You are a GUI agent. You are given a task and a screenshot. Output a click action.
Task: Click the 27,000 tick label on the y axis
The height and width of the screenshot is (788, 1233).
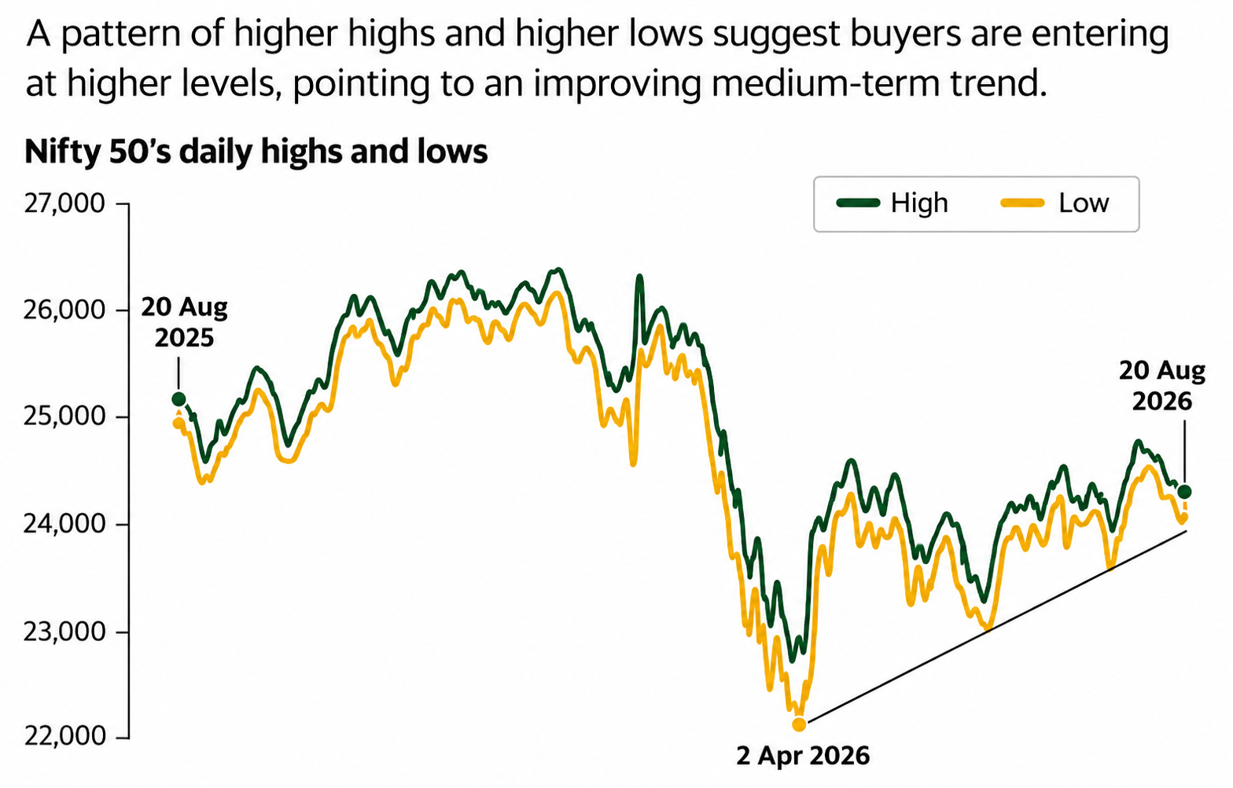[x=64, y=203]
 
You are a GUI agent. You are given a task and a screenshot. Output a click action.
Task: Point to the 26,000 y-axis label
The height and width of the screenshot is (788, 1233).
[x=64, y=310]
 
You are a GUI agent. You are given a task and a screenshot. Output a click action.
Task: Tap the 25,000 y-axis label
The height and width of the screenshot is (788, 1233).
[x=64, y=417]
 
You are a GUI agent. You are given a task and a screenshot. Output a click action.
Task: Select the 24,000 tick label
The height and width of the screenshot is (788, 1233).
[x=64, y=524]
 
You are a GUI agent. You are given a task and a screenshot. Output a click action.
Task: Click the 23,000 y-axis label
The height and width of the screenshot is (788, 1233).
[x=64, y=632]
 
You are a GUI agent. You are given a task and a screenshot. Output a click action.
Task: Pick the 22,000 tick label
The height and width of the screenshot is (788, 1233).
[x=64, y=736]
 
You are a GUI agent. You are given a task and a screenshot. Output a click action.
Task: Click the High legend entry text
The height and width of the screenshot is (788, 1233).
[x=919, y=203]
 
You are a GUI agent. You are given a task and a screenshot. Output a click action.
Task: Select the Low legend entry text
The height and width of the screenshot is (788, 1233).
[x=1084, y=203]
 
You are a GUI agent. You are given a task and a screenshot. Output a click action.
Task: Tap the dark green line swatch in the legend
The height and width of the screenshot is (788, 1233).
[x=858, y=203]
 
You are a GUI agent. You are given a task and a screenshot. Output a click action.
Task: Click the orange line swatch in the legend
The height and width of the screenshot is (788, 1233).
[x=1022, y=203]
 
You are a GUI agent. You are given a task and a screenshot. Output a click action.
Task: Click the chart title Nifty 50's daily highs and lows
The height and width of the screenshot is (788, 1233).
[x=256, y=152]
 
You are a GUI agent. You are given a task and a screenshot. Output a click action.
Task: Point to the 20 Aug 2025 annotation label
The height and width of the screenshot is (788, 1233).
[x=184, y=322]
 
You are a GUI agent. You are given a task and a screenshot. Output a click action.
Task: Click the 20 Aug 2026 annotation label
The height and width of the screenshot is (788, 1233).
[x=1162, y=386]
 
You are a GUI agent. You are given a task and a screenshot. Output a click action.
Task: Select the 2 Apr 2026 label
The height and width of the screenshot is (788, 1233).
[x=803, y=756]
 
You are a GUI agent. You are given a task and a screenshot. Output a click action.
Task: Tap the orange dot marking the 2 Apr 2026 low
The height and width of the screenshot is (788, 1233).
[x=799, y=724]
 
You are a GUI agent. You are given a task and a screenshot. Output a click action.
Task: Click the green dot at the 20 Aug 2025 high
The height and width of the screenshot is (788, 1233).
[x=179, y=398]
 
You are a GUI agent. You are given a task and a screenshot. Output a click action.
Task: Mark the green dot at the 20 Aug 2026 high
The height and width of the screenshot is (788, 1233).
[x=1184, y=492]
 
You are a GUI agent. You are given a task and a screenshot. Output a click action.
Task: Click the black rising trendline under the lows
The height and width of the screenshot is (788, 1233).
[x=997, y=626]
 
